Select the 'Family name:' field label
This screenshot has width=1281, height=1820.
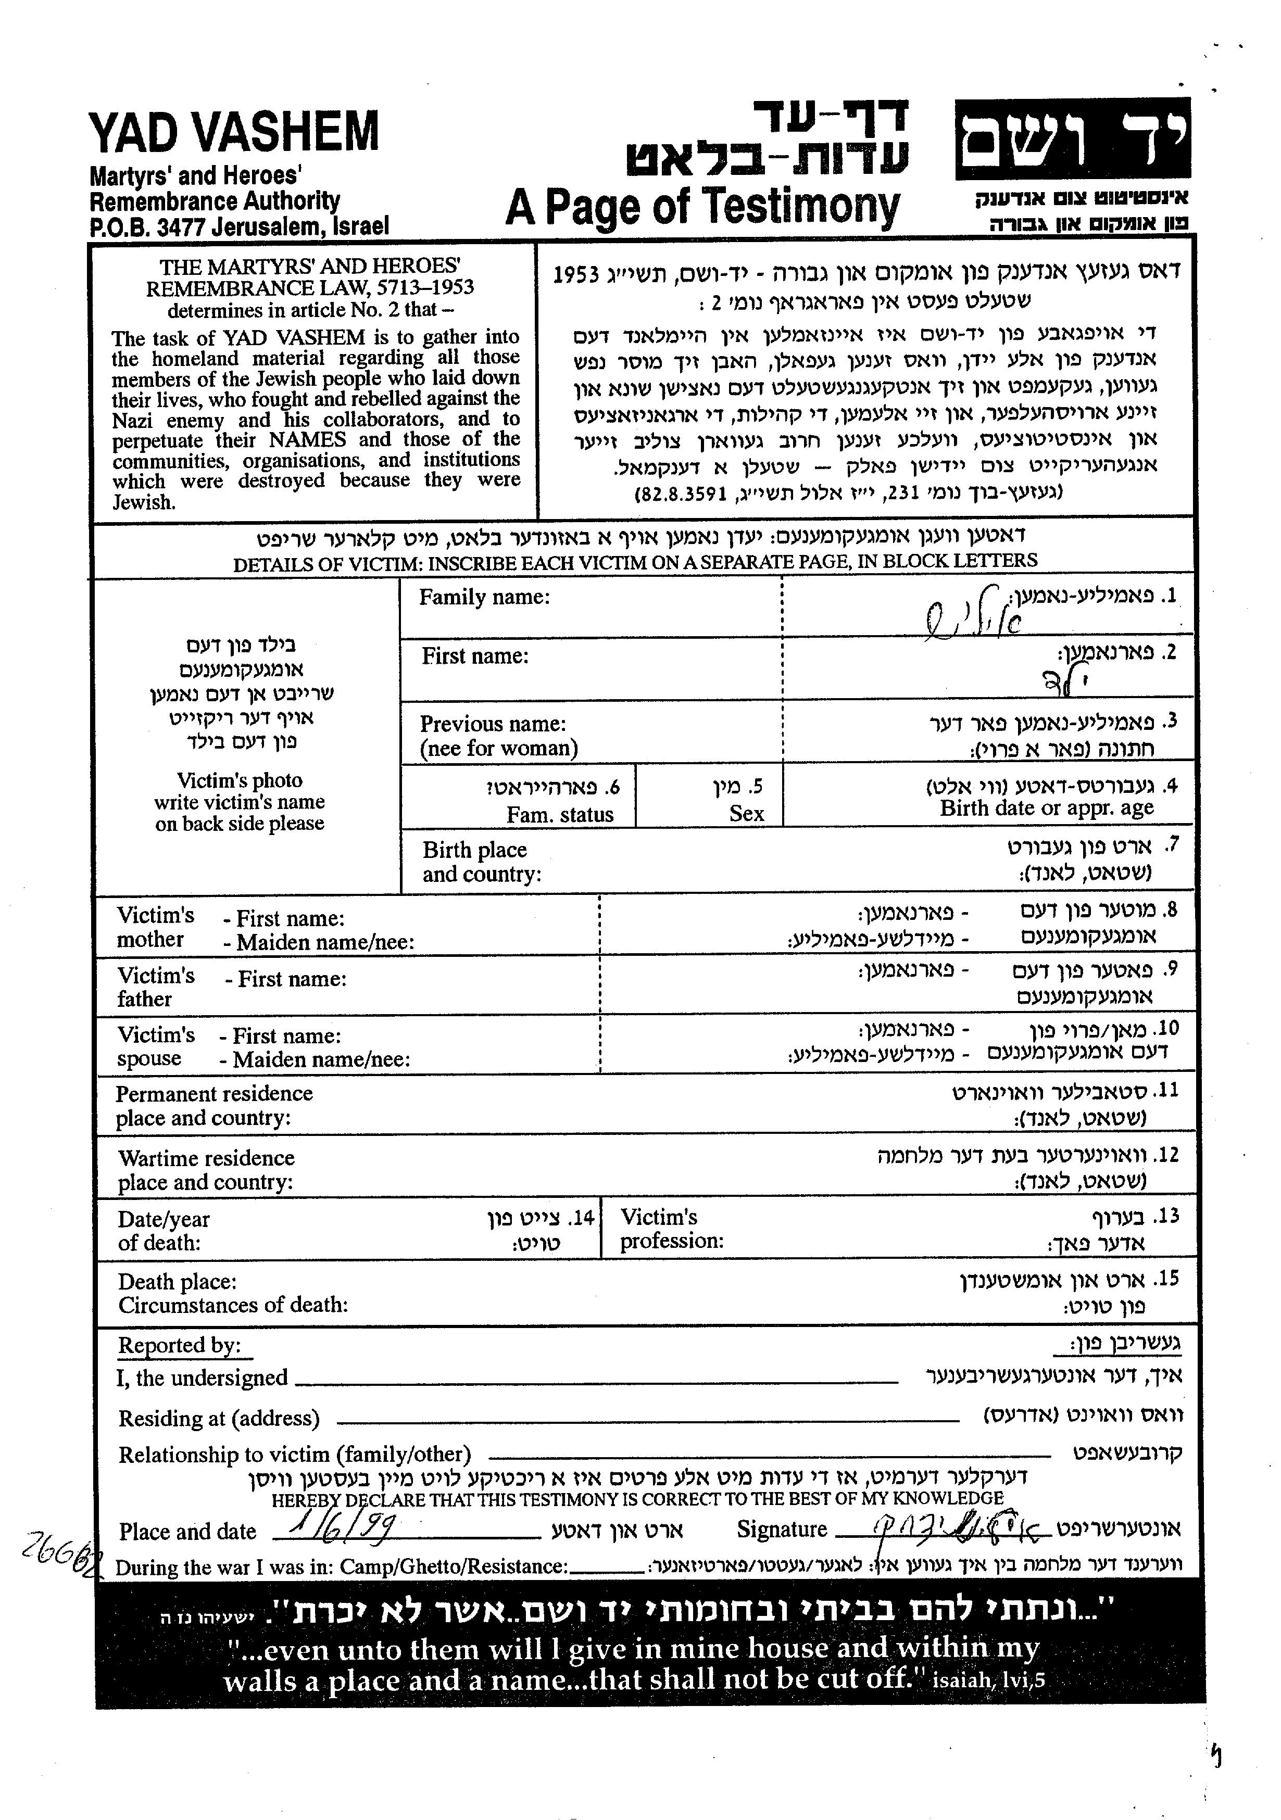[484, 597]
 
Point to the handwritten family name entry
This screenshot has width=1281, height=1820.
[973, 611]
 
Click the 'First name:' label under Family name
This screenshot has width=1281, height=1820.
[475, 656]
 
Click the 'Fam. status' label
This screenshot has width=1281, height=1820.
[560, 815]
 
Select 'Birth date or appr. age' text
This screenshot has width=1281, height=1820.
[1046, 808]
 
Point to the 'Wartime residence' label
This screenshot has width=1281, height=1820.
[206, 1158]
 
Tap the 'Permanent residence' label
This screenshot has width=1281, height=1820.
[214, 1094]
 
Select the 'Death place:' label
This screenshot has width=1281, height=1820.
[177, 1282]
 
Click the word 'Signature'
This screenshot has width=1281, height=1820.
[782, 1529]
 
